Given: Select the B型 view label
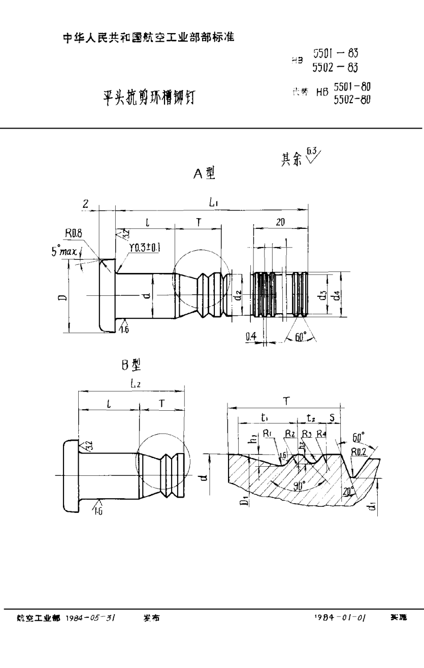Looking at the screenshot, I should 129,364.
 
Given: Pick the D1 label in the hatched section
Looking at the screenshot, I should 244,502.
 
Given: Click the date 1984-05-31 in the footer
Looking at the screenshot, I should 93,618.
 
